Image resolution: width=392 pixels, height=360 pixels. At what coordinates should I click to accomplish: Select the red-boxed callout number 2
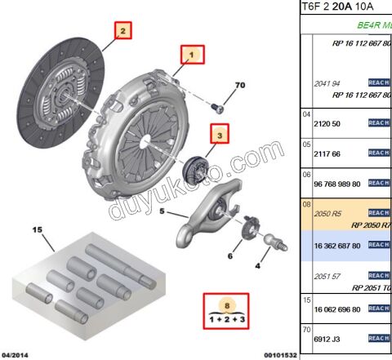[122, 32]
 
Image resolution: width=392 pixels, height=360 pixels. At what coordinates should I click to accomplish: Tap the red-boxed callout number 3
[219, 131]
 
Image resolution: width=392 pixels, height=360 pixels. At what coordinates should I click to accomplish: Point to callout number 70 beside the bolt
[239, 85]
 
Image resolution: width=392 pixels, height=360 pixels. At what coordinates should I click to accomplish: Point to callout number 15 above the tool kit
[37, 230]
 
